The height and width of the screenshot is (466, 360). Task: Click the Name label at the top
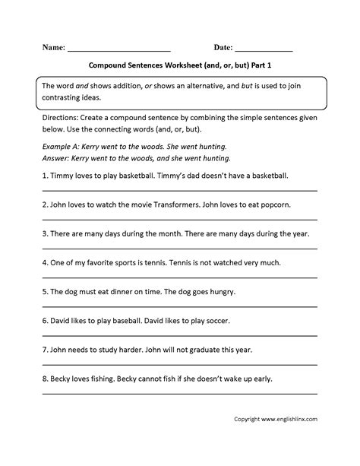coord(54,47)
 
